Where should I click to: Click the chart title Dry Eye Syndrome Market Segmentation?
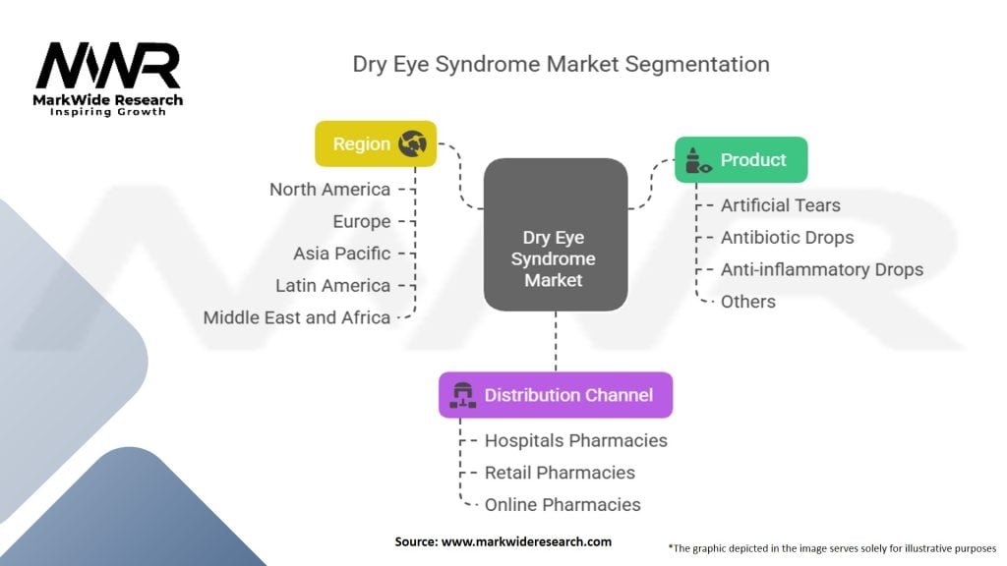point(561,65)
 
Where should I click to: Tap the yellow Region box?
point(375,143)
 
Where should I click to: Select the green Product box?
point(740,159)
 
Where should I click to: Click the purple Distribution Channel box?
point(555,395)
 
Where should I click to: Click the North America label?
point(329,190)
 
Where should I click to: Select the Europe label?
point(361,221)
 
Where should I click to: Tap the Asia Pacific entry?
point(341,254)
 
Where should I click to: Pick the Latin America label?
point(333,285)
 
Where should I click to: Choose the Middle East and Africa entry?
point(297,317)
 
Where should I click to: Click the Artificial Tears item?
point(781,205)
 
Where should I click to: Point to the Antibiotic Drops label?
point(787,237)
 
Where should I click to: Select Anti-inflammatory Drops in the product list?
point(822,269)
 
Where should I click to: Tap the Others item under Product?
point(747,302)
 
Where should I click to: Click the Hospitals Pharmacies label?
point(576,440)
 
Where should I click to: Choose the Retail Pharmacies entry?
point(560,473)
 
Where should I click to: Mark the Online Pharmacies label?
point(563,504)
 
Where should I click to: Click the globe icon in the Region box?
point(412,143)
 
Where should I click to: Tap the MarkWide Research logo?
point(109,79)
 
